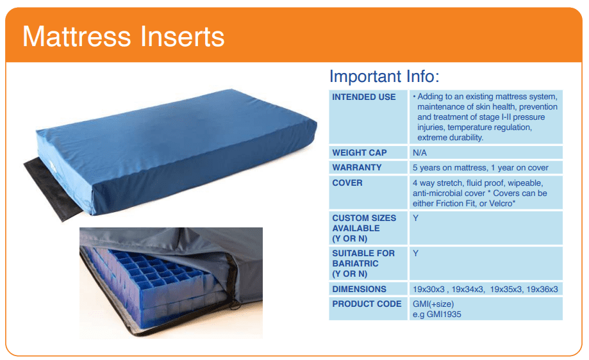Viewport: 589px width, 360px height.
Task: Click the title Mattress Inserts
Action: coord(123,37)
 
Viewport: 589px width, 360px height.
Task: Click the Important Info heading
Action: coord(385,77)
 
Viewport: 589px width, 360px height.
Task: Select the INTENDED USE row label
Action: coord(363,97)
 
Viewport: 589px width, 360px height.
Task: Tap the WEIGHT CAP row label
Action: coord(359,153)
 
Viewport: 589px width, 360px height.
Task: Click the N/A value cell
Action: coord(420,153)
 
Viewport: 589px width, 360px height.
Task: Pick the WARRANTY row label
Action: coord(357,167)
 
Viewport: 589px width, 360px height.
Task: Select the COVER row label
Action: coord(347,183)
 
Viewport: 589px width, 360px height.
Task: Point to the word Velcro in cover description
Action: coord(500,204)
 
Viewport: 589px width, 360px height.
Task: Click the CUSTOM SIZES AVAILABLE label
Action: coord(364,228)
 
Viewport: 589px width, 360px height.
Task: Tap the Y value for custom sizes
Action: coord(415,218)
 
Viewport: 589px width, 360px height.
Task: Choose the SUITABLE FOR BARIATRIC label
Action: coord(363,263)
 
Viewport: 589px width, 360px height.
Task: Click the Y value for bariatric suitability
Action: coord(415,254)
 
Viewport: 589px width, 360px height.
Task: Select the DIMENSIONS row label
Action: coord(359,289)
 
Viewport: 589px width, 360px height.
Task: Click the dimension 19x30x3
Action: coord(429,290)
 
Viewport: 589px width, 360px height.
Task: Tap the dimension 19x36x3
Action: coord(542,290)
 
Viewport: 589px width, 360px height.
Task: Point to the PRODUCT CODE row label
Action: coord(367,304)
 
